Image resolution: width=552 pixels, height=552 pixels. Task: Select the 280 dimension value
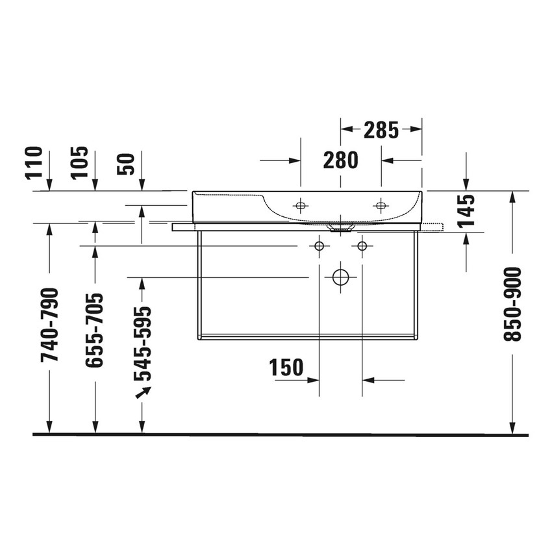(340, 160)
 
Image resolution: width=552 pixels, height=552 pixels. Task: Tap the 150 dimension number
(286, 368)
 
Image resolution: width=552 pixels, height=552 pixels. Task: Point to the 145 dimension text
(466, 211)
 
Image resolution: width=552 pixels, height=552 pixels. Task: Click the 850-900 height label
(512, 305)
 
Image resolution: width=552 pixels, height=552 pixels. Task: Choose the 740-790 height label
(50, 324)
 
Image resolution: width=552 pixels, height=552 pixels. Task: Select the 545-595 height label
(142, 344)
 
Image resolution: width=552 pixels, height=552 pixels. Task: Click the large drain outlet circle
(340, 277)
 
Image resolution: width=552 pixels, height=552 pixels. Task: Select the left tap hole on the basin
(300, 205)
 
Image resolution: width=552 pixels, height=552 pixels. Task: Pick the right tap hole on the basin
(381, 205)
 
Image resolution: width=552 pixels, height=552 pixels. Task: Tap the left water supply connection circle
(319, 245)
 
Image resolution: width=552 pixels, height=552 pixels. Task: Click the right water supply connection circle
(362, 245)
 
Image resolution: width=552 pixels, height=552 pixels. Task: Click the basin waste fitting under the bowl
(340, 229)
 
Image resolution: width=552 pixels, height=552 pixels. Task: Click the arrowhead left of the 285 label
(347, 130)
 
